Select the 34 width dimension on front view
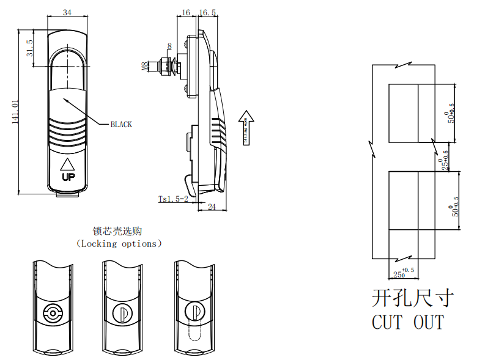pyautogui.click(x=67, y=13)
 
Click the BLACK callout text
pyautogui.click(x=120, y=125)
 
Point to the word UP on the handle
pyautogui.click(x=67, y=177)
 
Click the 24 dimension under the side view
pyautogui.click(x=212, y=207)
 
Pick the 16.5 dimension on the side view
pyautogui.click(x=207, y=13)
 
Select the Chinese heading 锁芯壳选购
pyautogui.click(x=117, y=231)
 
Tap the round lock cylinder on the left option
pyautogui.click(x=52, y=314)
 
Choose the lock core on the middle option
pyautogui.click(x=122, y=314)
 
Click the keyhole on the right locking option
pyautogui.click(x=194, y=312)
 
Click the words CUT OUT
pyautogui.click(x=408, y=321)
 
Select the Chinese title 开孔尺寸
pyautogui.click(x=413, y=298)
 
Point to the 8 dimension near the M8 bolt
pyautogui.click(x=169, y=46)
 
